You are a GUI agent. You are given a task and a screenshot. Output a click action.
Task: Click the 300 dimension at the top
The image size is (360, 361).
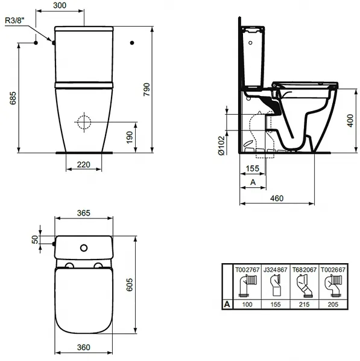point(60,5)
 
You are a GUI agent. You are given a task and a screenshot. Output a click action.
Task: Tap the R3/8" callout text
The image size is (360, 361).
point(14,21)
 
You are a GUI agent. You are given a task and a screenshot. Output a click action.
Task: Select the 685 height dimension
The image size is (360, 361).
point(13,98)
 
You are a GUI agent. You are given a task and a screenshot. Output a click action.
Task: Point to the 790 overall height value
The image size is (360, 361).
point(147,89)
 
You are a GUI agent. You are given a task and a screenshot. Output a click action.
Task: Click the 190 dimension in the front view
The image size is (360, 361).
point(130,138)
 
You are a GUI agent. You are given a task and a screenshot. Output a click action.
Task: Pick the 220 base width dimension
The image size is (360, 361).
point(83,165)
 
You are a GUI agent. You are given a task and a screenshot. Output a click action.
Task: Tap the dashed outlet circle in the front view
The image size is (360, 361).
point(84,122)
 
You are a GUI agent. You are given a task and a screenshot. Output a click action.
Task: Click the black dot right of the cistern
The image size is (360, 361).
point(132,43)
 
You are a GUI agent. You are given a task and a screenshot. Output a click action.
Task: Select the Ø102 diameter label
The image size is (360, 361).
point(221,145)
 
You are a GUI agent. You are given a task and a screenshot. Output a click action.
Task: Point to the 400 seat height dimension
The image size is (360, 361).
point(350,120)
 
